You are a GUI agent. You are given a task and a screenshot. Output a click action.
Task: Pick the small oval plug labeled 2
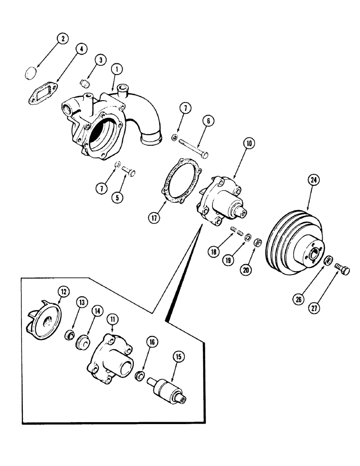tap(30, 73)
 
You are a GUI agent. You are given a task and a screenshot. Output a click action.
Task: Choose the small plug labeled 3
tap(84, 84)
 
